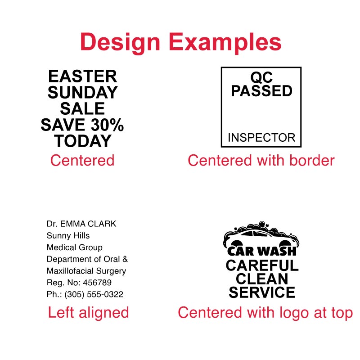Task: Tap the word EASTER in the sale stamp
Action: (x=82, y=76)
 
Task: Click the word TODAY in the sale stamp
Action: (x=82, y=141)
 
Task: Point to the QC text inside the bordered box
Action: (x=261, y=77)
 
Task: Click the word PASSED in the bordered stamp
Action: (x=261, y=91)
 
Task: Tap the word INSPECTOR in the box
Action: (x=261, y=138)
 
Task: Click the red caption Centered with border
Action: (x=261, y=160)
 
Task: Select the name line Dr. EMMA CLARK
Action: (x=81, y=224)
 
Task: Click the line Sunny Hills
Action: (x=68, y=235)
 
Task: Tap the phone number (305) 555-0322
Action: (x=94, y=295)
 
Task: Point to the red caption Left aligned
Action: (x=88, y=312)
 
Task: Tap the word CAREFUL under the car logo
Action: (x=261, y=265)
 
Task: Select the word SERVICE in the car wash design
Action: (x=261, y=292)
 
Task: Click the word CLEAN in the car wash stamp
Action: (x=261, y=279)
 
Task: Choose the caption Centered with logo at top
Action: (x=265, y=312)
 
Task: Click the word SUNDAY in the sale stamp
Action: (x=82, y=93)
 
